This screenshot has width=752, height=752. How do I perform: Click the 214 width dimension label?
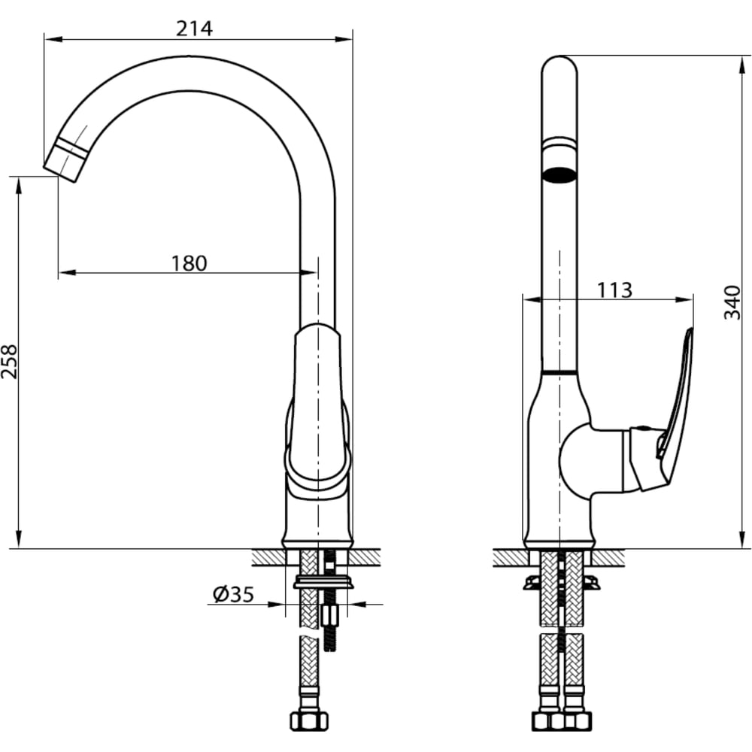pyautogui.click(x=194, y=29)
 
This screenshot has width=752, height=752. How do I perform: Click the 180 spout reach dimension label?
pyautogui.click(x=190, y=263)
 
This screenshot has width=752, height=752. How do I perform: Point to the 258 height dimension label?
pyautogui.click(x=9, y=362)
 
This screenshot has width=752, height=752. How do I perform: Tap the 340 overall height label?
pyautogui.click(x=732, y=302)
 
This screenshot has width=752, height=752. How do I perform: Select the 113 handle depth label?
pyautogui.click(x=614, y=290)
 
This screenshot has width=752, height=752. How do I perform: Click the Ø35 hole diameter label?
pyautogui.click(x=234, y=595)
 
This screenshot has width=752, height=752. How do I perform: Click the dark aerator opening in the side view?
pyautogui.click(x=559, y=174)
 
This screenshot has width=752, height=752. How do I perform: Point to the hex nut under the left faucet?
pyautogui.click(x=309, y=721)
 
